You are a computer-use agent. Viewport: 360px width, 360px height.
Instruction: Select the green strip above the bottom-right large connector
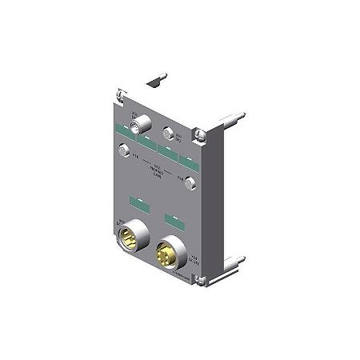tap(170, 216)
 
